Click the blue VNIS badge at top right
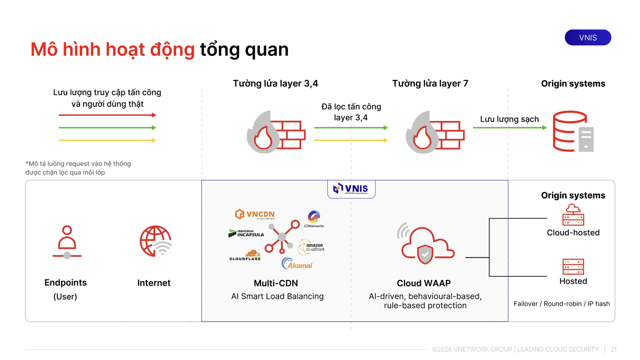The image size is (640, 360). click(587, 37)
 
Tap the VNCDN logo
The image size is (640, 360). click(255, 214)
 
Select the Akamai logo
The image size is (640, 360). click(297, 263)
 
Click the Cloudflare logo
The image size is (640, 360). click(245, 255)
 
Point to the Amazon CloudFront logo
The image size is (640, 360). click(311, 247)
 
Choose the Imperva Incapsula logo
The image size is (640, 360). click(246, 233)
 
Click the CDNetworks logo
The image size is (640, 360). click(314, 219)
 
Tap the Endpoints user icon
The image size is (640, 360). click(67, 242)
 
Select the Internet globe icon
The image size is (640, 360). click(156, 241)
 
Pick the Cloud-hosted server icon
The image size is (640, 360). click(573, 215)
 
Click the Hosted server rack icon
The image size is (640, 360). click(573, 267)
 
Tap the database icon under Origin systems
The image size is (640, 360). click(573, 131)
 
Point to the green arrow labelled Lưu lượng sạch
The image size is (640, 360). click(510, 127)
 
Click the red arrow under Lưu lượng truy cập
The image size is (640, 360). click(107, 115)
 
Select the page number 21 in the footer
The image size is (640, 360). click(614, 349)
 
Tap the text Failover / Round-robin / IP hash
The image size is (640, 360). click(562, 304)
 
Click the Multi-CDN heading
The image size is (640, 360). click(276, 283)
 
